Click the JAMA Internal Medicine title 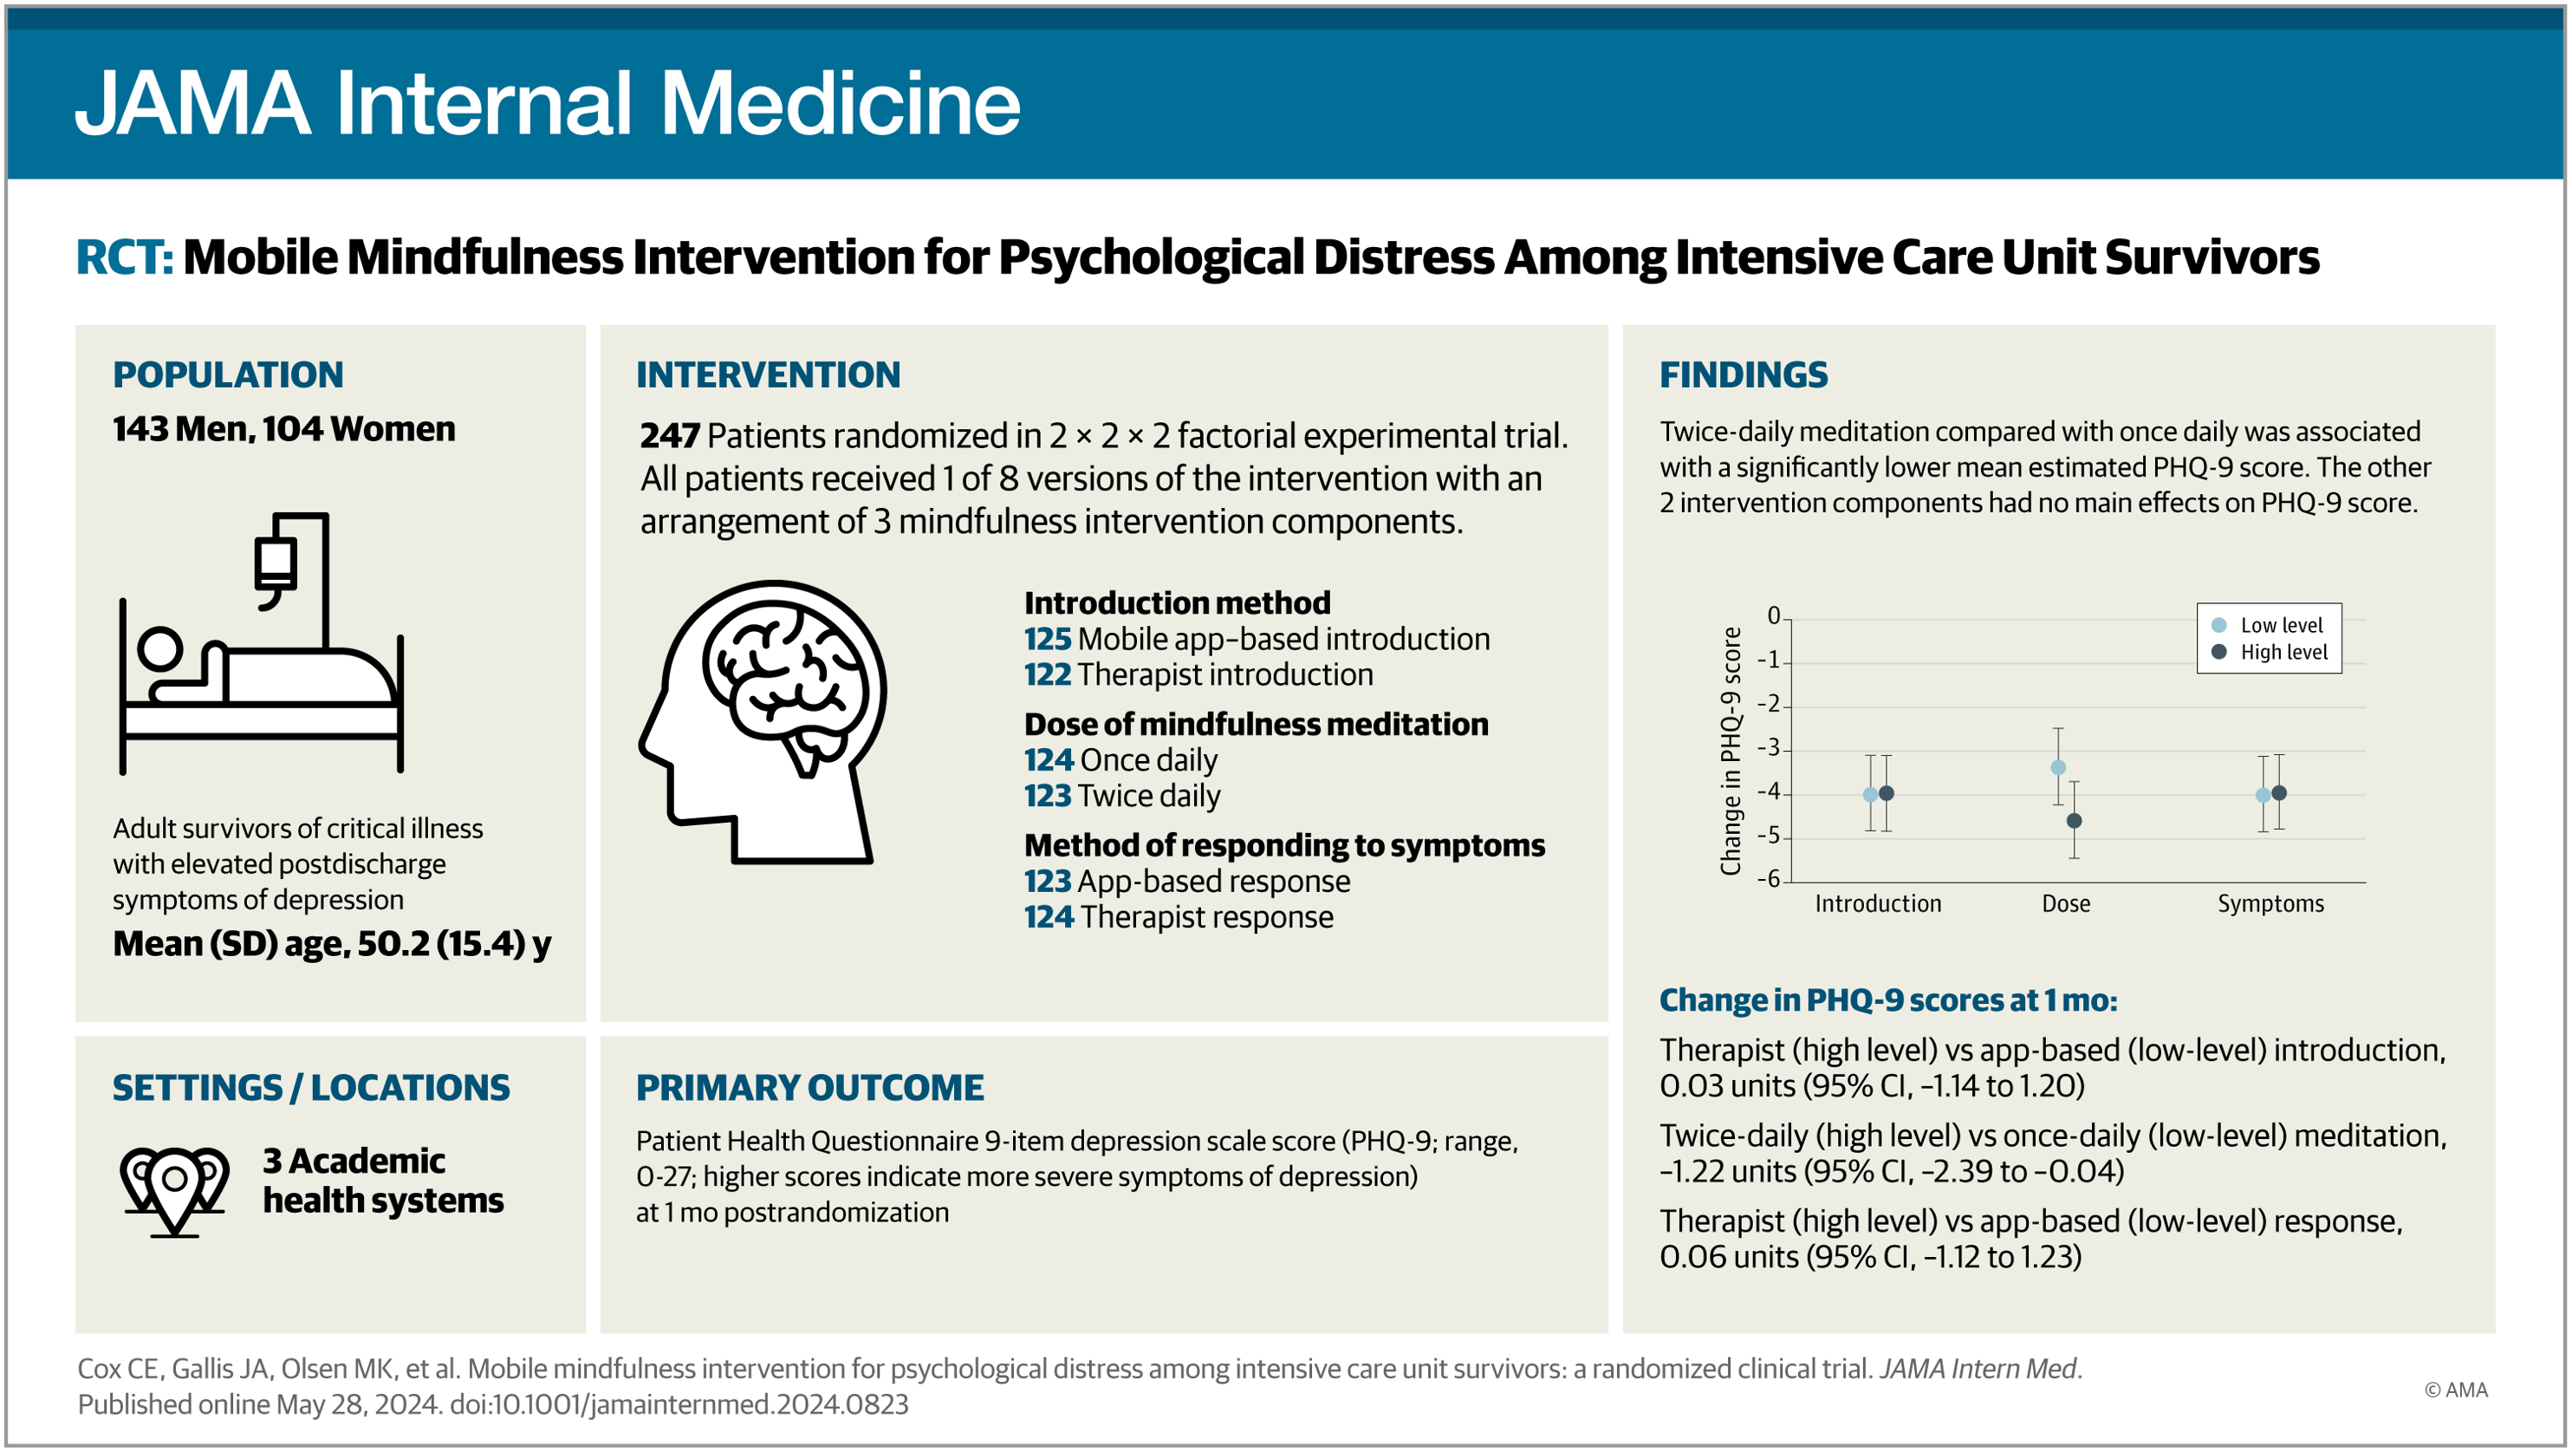pos(547,103)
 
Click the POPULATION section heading pos(228,374)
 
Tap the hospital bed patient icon pos(262,644)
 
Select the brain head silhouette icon pos(763,721)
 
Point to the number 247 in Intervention pos(669,435)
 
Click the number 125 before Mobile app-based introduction pos(1046,639)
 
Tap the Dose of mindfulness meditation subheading pos(1256,724)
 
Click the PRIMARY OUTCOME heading pos(809,1088)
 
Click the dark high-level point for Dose pos(2074,821)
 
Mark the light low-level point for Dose pos(2058,767)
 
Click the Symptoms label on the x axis pos(2270,904)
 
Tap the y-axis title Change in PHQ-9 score pos(1731,751)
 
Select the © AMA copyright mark pos(2455,1390)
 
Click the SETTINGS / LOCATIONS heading pos(310,1088)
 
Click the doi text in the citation pos(679,1404)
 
